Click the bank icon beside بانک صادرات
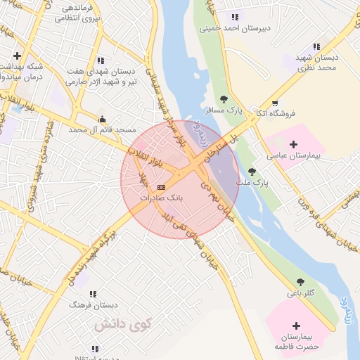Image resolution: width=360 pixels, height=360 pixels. (162, 187)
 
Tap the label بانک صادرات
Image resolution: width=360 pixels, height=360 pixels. (161, 198)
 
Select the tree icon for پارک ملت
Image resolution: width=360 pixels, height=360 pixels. (252, 172)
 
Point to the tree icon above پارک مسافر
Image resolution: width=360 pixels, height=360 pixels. (224, 99)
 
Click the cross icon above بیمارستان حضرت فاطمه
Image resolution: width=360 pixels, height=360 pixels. (296, 326)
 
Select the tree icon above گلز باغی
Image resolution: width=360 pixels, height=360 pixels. (301, 282)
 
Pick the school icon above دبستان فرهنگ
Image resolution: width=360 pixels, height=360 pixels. (92, 294)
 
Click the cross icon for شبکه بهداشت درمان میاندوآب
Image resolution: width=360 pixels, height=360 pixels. (16, 56)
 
